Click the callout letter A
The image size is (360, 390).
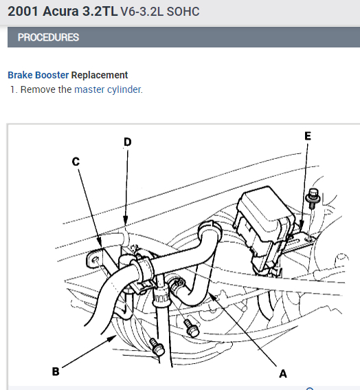(x=283, y=373)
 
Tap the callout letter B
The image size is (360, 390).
(x=56, y=371)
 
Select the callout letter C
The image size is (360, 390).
(x=76, y=162)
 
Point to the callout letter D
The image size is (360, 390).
(x=128, y=142)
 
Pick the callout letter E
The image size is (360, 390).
(x=308, y=136)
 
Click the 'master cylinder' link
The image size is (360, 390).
(x=109, y=89)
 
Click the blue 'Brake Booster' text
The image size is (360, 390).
(x=38, y=75)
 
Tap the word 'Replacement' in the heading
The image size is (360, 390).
(x=100, y=75)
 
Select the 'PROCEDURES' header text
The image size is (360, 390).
(x=48, y=37)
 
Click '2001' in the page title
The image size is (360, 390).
(x=23, y=12)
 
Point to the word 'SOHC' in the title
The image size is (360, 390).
(x=183, y=12)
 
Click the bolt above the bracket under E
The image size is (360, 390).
(x=313, y=198)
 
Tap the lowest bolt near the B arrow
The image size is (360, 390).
(x=157, y=347)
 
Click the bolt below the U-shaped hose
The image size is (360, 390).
(x=191, y=328)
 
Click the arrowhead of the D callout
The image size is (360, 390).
(x=126, y=221)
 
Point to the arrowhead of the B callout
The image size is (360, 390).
(x=113, y=338)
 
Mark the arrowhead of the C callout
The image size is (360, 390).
(x=99, y=241)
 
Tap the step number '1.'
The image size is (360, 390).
(x=14, y=89)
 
